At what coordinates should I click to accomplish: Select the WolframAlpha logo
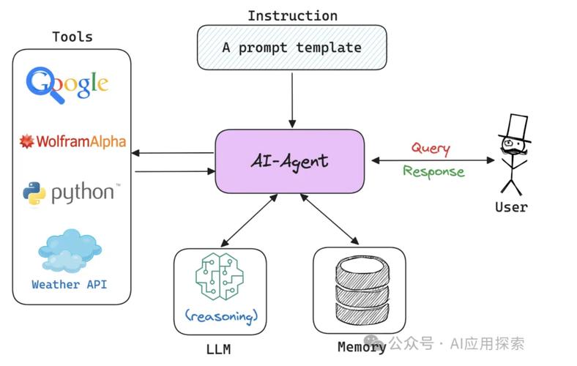click(72, 141)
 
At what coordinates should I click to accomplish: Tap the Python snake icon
click(34, 193)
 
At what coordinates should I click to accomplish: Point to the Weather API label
click(69, 284)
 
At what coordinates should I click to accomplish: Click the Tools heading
click(72, 37)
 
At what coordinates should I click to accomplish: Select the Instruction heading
click(292, 15)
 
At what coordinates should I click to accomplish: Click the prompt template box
click(292, 48)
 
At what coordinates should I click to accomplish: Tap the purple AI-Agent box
click(289, 161)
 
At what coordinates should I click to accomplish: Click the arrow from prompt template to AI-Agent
click(292, 99)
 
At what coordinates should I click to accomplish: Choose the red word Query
click(430, 148)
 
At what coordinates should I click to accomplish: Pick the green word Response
click(433, 172)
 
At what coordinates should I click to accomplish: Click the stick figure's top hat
click(515, 126)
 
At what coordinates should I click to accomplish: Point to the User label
click(511, 207)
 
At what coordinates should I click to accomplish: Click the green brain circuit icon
click(220, 277)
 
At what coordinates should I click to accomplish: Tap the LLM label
click(217, 349)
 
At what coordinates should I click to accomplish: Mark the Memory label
click(361, 347)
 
